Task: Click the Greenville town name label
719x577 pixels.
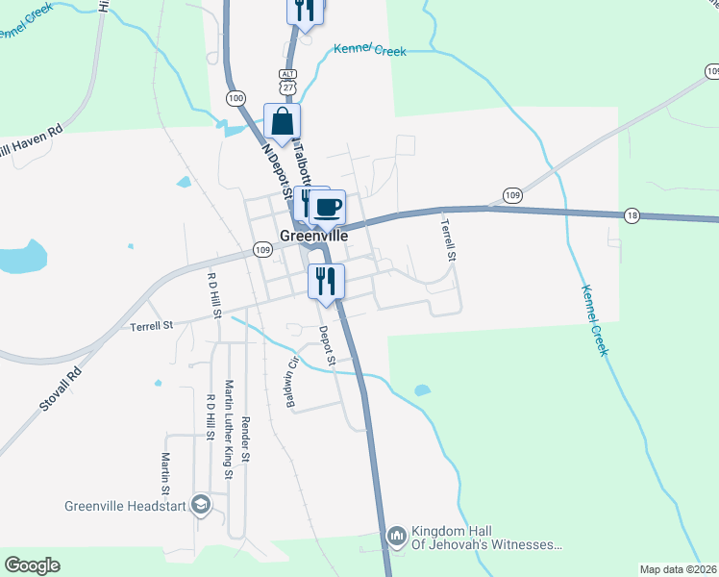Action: coord(313,234)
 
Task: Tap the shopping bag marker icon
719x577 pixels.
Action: coord(283,122)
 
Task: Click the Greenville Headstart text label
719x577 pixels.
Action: coord(125,505)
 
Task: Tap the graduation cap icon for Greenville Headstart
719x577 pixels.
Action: coord(201,505)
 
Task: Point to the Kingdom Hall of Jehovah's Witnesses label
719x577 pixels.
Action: coord(486,538)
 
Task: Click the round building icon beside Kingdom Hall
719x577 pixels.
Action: coord(397,536)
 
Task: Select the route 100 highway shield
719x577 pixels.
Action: coord(236,98)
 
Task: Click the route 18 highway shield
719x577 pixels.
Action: coord(631,214)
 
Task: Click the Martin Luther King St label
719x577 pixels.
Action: coord(229,428)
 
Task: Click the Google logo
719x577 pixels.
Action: coord(32,565)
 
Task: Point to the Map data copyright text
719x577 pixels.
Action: coord(678,569)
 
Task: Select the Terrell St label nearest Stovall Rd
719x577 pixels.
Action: coord(151,326)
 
